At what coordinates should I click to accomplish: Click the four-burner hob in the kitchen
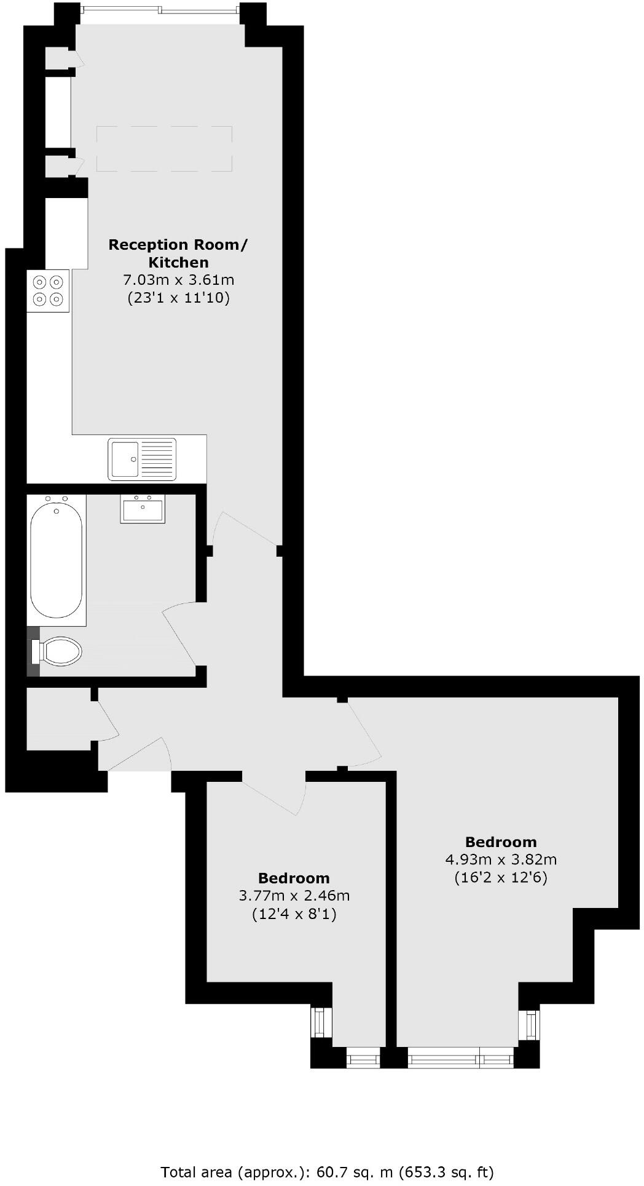[x=48, y=290]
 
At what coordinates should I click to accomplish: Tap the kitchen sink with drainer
[x=142, y=459]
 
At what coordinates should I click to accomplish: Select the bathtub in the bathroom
[x=57, y=560]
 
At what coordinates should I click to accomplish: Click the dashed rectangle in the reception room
[x=164, y=149]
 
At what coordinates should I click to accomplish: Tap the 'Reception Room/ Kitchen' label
[x=178, y=253]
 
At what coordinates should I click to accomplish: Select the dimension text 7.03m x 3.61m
[x=179, y=281]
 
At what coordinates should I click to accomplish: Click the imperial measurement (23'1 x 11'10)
[x=178, y=299]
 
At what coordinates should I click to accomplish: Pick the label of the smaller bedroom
[x=294, y=878]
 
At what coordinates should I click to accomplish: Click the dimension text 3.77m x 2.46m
[x=294, y=896]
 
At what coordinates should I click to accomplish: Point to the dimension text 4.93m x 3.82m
[x=501, y=859]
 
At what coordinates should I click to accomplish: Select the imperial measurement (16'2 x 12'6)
[x=501, y=877]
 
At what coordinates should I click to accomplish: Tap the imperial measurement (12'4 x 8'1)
[x=294, y=915]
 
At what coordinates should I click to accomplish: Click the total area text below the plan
[x=327, y=1172]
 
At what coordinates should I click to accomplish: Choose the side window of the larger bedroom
[x=529, y=1024]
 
